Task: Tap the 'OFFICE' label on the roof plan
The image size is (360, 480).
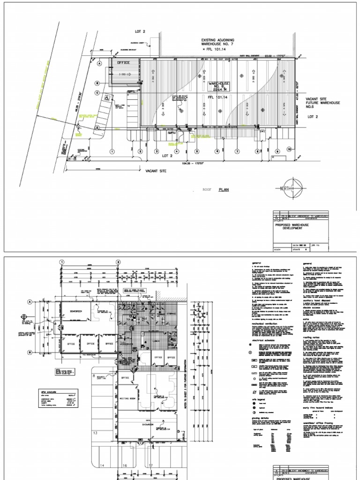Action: click(x=123, y=62)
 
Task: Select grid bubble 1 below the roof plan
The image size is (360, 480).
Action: click(x=112, y=151)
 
